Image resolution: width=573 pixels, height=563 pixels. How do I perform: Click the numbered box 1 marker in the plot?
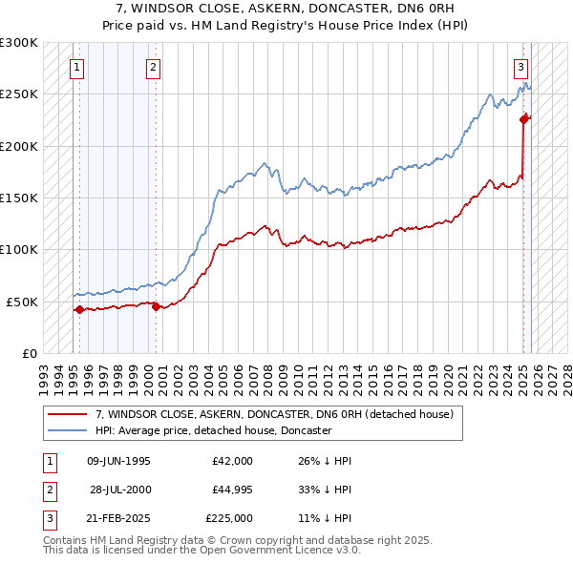click(76, 67)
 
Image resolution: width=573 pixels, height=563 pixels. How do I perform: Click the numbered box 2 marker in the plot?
click(154, 67)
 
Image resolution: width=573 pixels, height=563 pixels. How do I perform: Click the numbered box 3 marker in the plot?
click(520, 67)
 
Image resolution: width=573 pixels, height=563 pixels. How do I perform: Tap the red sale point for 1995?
click(78, 309)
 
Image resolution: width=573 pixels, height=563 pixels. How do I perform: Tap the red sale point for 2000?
click(156, 306)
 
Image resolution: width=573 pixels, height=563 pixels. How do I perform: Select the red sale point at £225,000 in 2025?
click(523, 119)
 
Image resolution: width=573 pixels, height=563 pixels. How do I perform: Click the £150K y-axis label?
click(19, 198)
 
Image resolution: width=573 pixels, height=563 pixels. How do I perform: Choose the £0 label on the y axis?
click(29, 353)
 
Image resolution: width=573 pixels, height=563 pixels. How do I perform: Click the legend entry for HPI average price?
click(212, 430)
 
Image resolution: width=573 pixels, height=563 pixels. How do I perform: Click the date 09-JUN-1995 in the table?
click(118, 461)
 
